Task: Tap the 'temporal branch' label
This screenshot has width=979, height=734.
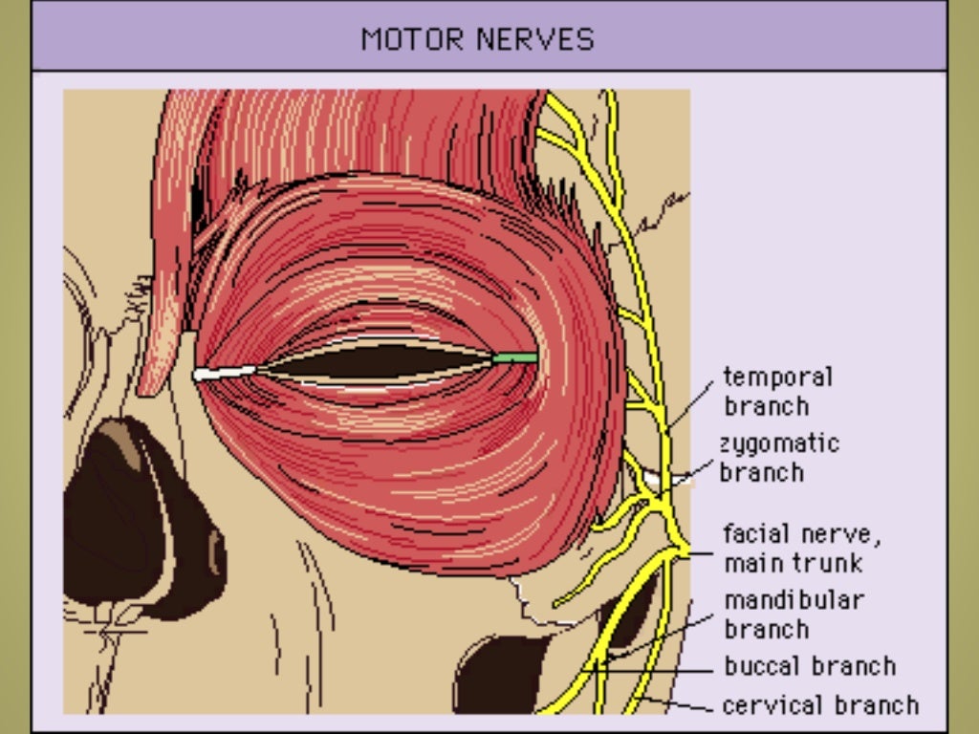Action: click(777, 392)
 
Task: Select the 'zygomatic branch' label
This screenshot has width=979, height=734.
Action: click(778, 458)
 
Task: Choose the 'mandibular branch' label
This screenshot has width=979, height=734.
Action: click(793, 615)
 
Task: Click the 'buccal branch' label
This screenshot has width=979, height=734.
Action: click(809, 666)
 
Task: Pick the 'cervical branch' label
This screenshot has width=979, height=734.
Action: click(819, 705)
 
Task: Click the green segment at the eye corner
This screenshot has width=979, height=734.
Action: click(515, 357)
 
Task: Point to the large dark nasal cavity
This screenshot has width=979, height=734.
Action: click(134, 516)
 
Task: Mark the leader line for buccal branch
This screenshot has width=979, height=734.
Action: click(660, 669)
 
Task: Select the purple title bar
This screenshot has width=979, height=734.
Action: click(191, 38)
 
